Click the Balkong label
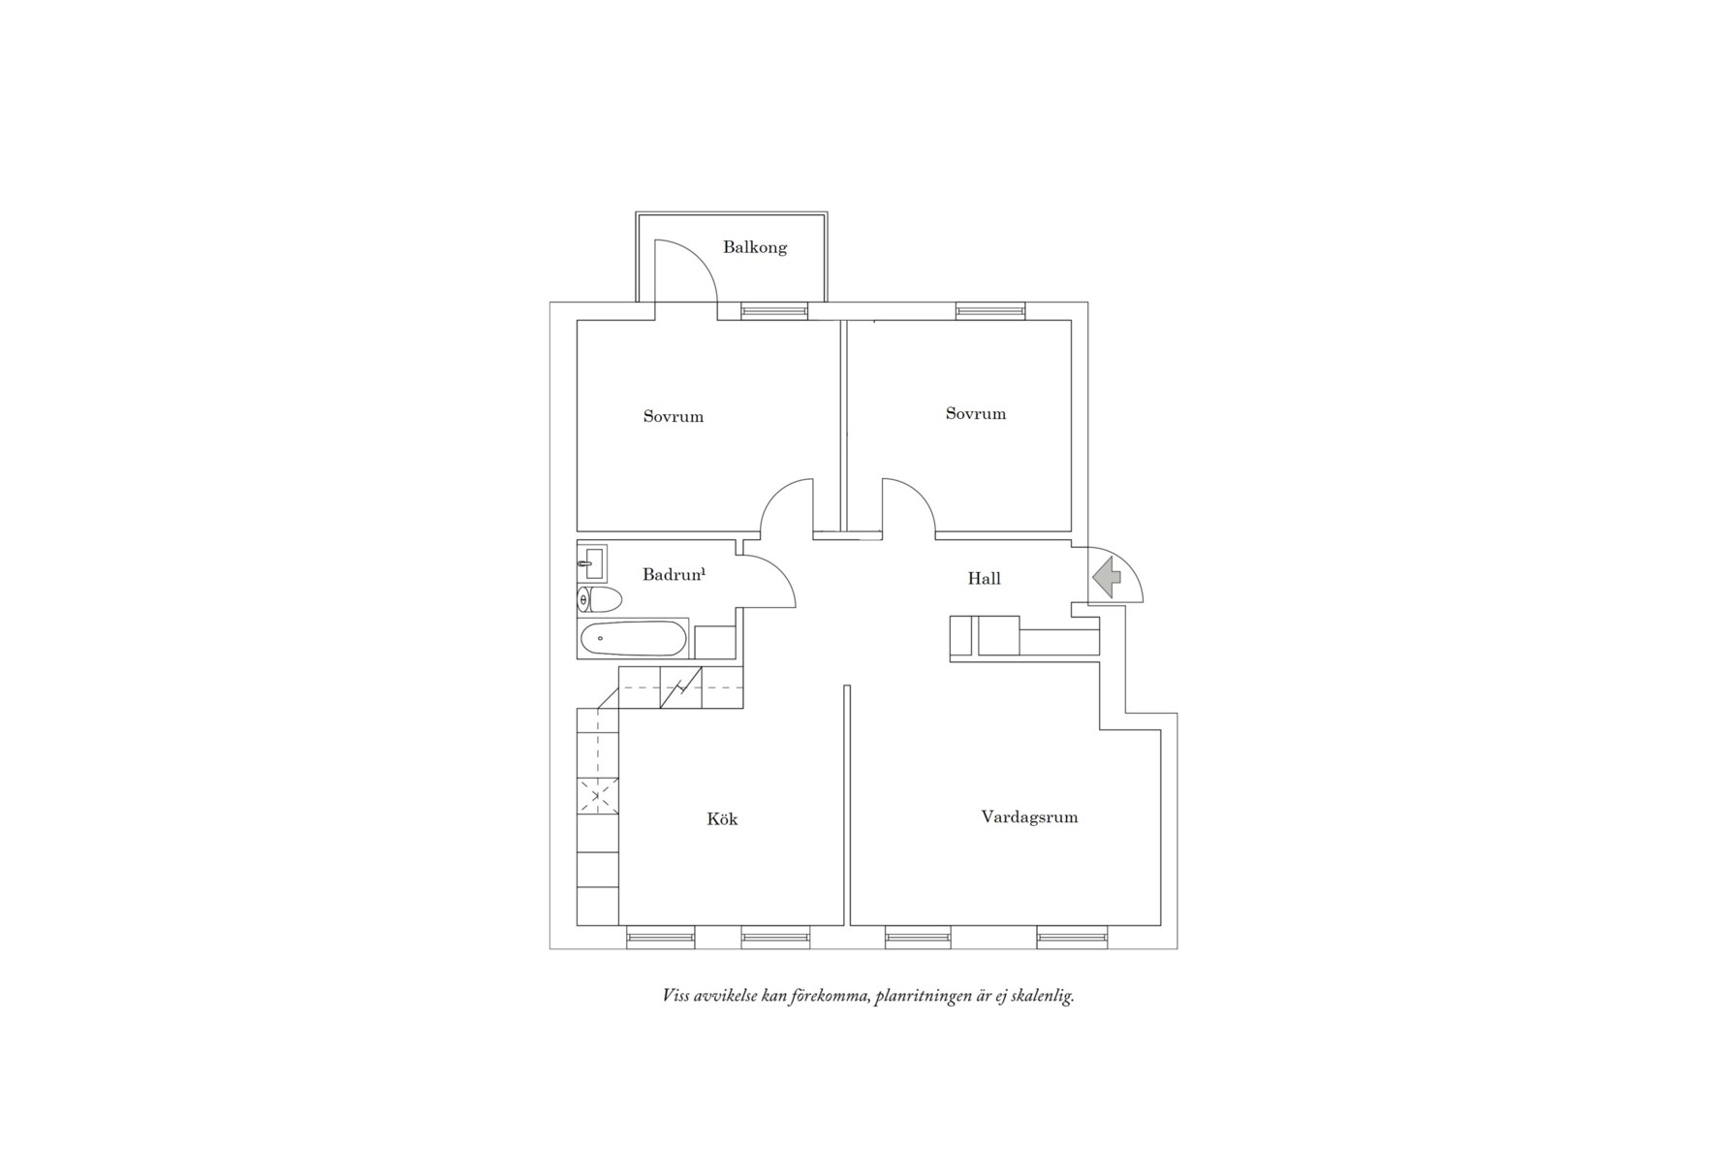[755, 247]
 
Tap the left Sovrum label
[674, 417]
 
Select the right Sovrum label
[976, 414]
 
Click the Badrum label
[674, 574]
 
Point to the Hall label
[985, 579]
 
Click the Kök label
[722, 819]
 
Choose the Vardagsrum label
[1029, 817]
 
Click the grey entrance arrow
[1107, 578]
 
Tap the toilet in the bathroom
[600, 600]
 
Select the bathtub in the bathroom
[634, 639]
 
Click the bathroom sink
[592, 563]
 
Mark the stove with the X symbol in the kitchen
[598, 797]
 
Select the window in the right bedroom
[990, 311]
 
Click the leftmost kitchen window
[661, 938]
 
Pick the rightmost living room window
[1072, 938]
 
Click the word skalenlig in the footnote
[1042, 997]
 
